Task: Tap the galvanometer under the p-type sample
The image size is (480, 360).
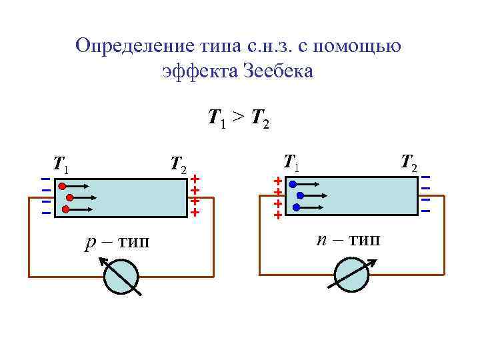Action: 121,276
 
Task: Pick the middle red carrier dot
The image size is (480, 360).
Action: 70,198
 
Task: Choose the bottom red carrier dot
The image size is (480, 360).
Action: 65,209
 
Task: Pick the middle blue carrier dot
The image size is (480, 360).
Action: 300,196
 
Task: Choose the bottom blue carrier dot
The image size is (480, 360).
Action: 295,207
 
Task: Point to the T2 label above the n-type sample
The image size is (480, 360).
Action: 409,162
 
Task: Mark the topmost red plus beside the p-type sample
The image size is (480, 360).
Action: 195,179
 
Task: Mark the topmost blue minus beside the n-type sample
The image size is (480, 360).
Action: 425,177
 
